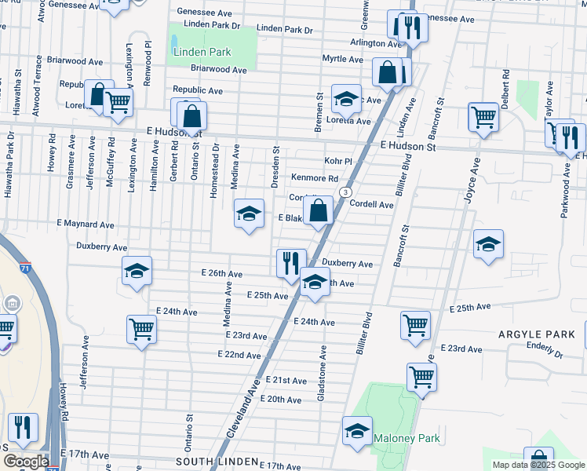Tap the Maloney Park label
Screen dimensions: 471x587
407,438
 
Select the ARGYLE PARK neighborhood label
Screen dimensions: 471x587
536,334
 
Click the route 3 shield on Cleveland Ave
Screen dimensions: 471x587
345,192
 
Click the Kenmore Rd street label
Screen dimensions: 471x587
315,179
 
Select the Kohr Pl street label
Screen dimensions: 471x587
338,161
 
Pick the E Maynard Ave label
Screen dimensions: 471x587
86,225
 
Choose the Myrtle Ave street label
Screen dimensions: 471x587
342,59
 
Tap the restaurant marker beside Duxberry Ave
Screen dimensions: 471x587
290,263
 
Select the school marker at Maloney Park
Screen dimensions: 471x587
357,431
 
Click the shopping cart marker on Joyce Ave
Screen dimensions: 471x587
483,118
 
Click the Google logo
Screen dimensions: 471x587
26,462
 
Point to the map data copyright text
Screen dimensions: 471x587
538,465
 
